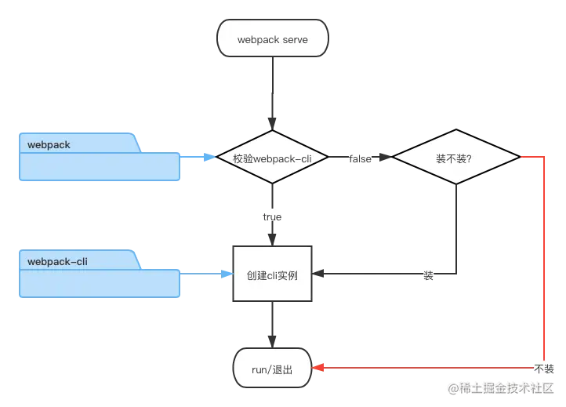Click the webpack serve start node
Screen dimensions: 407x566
click(x=272, y=39)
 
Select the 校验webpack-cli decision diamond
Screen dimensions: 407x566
click(x=272, y=158)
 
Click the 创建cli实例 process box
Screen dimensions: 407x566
click(x=272, y=276)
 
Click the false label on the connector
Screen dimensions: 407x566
click(x=360, y=158)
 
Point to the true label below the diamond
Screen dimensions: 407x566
click(x=272, y=216)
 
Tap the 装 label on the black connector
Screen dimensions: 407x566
click(x=428, y=276)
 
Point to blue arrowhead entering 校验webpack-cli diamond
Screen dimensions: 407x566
click(x=210, y=158)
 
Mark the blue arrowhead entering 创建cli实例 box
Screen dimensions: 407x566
click(x=227, y=274)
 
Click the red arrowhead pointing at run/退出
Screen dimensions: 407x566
click(x=318, y=367)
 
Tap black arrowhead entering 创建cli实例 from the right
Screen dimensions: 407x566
click(x=318, y=275)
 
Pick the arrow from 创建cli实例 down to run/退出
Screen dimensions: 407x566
click(x=272, y=325)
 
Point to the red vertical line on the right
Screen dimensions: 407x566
click(x=543, y=259)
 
